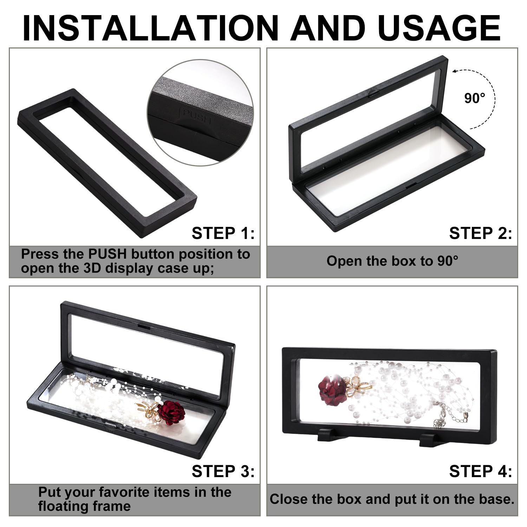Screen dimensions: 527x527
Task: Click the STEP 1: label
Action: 223,233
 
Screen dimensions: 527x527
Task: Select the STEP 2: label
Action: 480,233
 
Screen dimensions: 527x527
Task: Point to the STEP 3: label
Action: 223,471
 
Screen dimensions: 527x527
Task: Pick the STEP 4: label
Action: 480,471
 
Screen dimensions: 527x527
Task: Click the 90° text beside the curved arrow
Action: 475,98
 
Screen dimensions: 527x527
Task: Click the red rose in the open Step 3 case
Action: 171,412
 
